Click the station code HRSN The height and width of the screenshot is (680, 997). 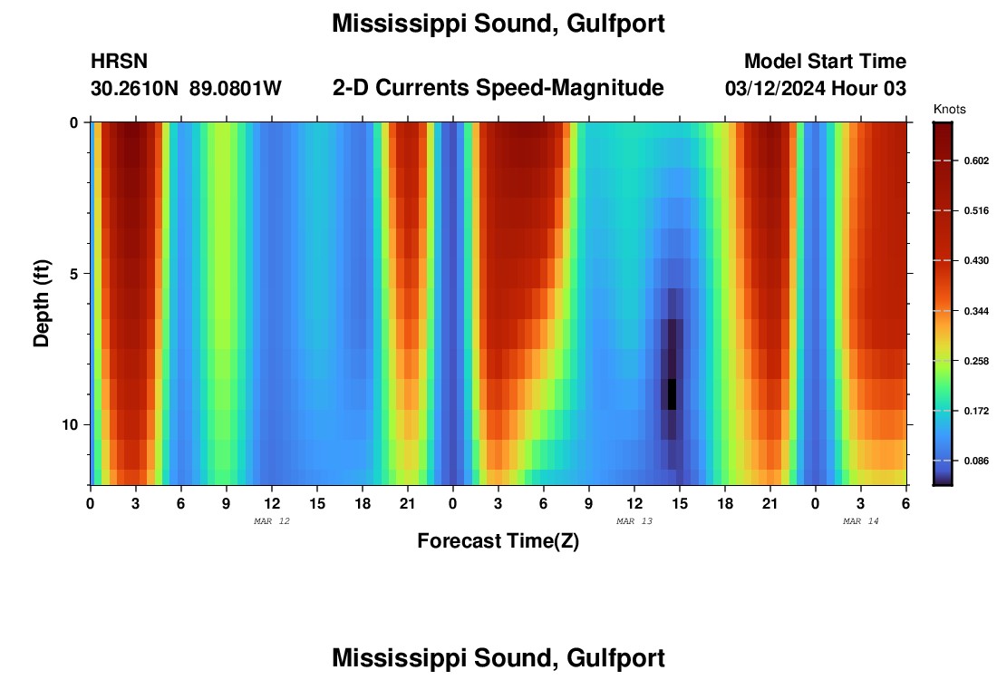pyautogui.click(x=119, y=62)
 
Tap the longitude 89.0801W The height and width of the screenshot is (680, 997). pyautogui.click(x=236, y=89)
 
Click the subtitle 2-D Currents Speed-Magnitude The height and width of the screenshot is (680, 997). pyautogui.click(x=498, y=88)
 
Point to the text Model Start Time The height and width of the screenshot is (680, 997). pyautogui.click(x=825, y=62)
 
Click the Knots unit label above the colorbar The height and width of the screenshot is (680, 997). pyautogui.click(x=949, y=110)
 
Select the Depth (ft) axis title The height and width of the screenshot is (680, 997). pyautogui.click(x=42, y=304)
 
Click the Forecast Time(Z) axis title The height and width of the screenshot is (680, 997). pyautogui.click(x=498, y=541)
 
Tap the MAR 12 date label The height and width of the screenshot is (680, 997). pyautogui.click(x=272, y=521)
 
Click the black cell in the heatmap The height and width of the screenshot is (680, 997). pyautogui.click(x=673, y=394)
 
